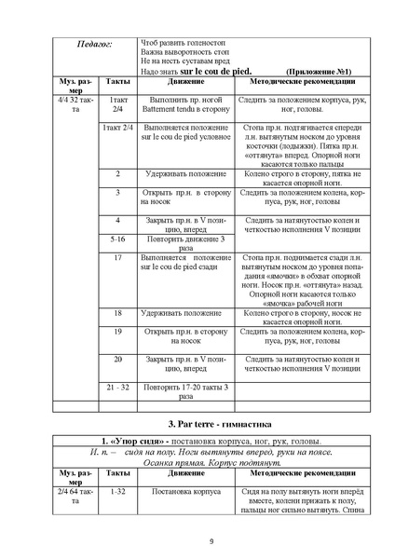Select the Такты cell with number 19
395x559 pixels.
117,331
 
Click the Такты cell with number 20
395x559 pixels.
117,359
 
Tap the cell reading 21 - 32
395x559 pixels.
117,387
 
